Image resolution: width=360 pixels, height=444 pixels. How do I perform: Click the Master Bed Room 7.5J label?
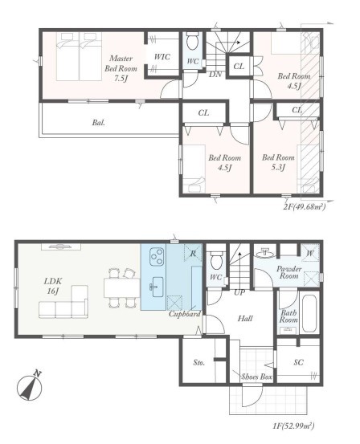[121, 68]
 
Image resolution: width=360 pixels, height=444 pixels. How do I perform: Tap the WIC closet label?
[162, 57]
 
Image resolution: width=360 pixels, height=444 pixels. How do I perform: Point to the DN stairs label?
[215, 75]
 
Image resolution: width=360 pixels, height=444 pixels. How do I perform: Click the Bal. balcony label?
[98, 123]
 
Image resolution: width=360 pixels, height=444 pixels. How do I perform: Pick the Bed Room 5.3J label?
[278, 162]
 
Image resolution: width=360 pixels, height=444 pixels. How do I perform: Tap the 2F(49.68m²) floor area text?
[304, 207]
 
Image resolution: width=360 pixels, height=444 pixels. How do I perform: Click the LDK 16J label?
[53, 286]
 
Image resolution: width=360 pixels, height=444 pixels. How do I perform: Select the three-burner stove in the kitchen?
[157, 257]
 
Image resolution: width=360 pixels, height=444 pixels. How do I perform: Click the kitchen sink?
[157, 287]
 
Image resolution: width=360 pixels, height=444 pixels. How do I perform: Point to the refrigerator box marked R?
[193, 253]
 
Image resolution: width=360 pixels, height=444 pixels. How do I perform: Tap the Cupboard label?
[185, 314]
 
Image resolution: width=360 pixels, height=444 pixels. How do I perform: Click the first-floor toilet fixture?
[215, 260]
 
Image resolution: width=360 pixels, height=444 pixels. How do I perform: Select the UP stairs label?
[239, 293]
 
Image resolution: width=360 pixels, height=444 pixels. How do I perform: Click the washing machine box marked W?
[310, 253]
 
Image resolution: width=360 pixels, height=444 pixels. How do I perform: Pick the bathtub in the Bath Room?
[309, 314]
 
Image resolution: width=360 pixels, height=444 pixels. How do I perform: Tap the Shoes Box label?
[256, 377]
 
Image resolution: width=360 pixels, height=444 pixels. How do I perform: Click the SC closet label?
[298, 362]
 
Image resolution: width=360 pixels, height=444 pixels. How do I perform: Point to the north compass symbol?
[30, 386]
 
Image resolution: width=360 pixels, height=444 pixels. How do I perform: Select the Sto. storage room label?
[199, 362]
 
